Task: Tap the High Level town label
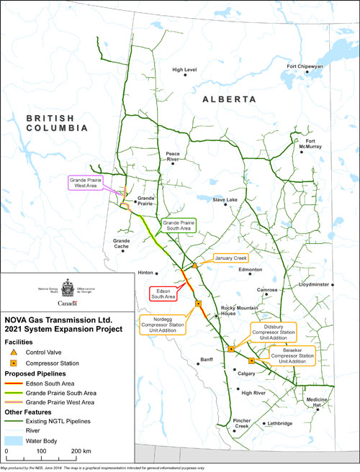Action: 184,70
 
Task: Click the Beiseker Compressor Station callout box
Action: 294,355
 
